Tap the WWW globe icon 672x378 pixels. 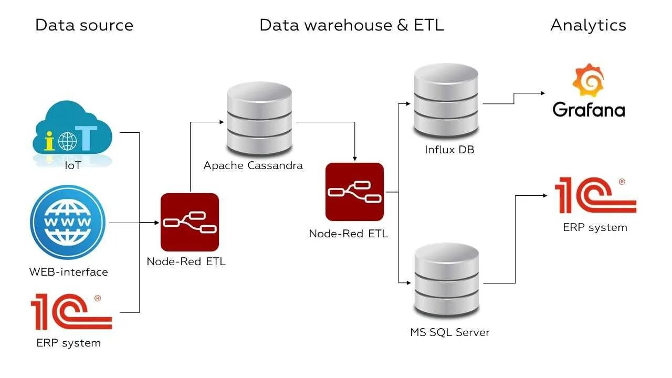68,222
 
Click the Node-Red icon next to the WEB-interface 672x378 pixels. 190,222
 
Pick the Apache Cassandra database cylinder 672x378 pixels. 259,118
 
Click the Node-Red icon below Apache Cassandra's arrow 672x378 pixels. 354,192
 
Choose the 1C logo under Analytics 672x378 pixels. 595,195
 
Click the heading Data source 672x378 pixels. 84,25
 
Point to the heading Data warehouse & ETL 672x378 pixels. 351,25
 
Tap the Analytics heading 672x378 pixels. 588,25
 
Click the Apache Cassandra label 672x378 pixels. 253,166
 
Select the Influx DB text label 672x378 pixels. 449,150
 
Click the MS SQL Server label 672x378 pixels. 449,332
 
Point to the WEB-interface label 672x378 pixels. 68,272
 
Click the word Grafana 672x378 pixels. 589,110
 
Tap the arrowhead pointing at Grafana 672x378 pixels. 543,93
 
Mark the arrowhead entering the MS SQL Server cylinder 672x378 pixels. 409,283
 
